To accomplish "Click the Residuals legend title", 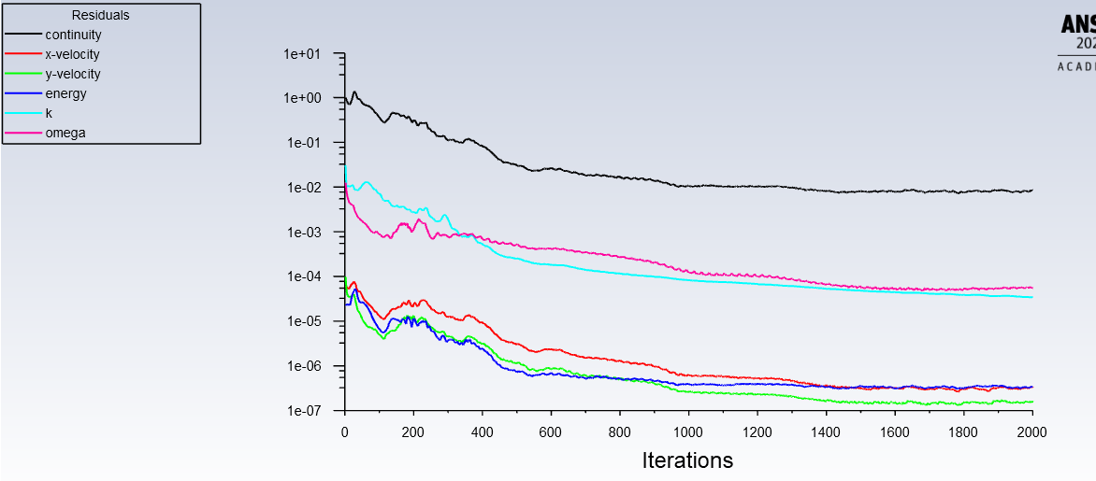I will click(x=100, y=15).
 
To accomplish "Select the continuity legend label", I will click(x=73, y=35).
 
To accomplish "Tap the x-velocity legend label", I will click(x=72, y=54).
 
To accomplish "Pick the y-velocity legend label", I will click(x=73, y=74).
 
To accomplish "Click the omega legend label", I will click(x=65, y=133).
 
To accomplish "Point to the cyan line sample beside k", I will click(x=23, y=113).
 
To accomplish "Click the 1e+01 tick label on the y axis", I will click(x=301, y=54).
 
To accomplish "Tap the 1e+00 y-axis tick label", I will click(x=301, y=98).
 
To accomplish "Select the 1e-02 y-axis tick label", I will click(x=301, y=188).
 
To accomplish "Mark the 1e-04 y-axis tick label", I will click(x=301, y=276).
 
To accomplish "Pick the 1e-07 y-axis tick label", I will click(x=301, y=411).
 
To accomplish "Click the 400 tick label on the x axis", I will click(x=483, y=431).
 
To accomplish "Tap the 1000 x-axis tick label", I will click(x=688, y=431).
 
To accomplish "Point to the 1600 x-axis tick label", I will click(x=895, y=431).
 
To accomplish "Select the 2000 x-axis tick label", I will click(x=1031, y=431).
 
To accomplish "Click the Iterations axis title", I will click(x=687, y=460).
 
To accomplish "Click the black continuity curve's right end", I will click(x=1032, y=191).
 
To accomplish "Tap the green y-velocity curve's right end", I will click(x=1032, y=402).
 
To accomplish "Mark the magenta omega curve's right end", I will click(x=1032, y=288).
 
